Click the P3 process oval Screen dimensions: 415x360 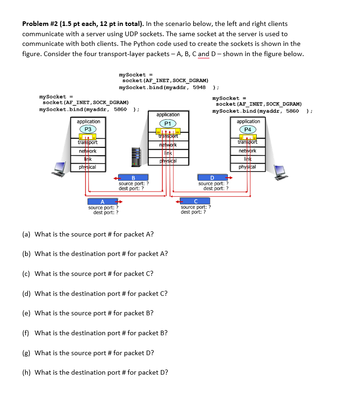(88, 129)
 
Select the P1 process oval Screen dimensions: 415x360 (168, 123)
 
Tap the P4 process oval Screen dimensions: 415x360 (248, 129)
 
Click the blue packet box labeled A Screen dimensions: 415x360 (102, 201)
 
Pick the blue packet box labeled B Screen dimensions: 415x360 (133, 177)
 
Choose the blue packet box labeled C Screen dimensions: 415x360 (196, 201)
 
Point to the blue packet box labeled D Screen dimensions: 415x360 (212, 177)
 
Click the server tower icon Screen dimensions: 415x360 (136, 157)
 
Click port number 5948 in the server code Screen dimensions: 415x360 (199, 87)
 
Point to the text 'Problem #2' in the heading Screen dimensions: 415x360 (40, 24)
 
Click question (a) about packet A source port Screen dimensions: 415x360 (88, 234)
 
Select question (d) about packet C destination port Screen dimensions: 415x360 (95, 294)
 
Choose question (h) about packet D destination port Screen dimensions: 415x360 (95, 372)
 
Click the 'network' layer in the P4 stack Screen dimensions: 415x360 (248, 151)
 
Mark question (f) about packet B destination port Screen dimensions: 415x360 (95, 333)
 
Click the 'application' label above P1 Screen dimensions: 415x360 (168, 115)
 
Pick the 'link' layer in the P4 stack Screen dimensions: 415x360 (248, 159)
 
